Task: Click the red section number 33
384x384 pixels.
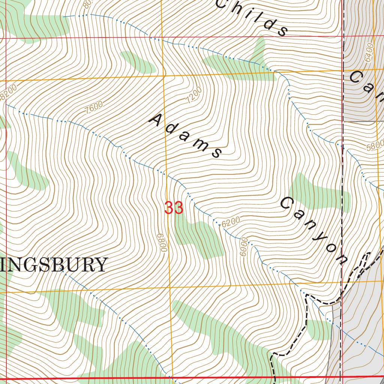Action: pos(174,208)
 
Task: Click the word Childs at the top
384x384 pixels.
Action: pos(252,17)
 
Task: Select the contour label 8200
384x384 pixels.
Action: pos(8,92)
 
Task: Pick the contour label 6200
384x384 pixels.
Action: pos(230,223)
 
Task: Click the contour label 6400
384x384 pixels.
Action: pos(369,52)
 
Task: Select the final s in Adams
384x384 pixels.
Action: pos(216,152)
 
